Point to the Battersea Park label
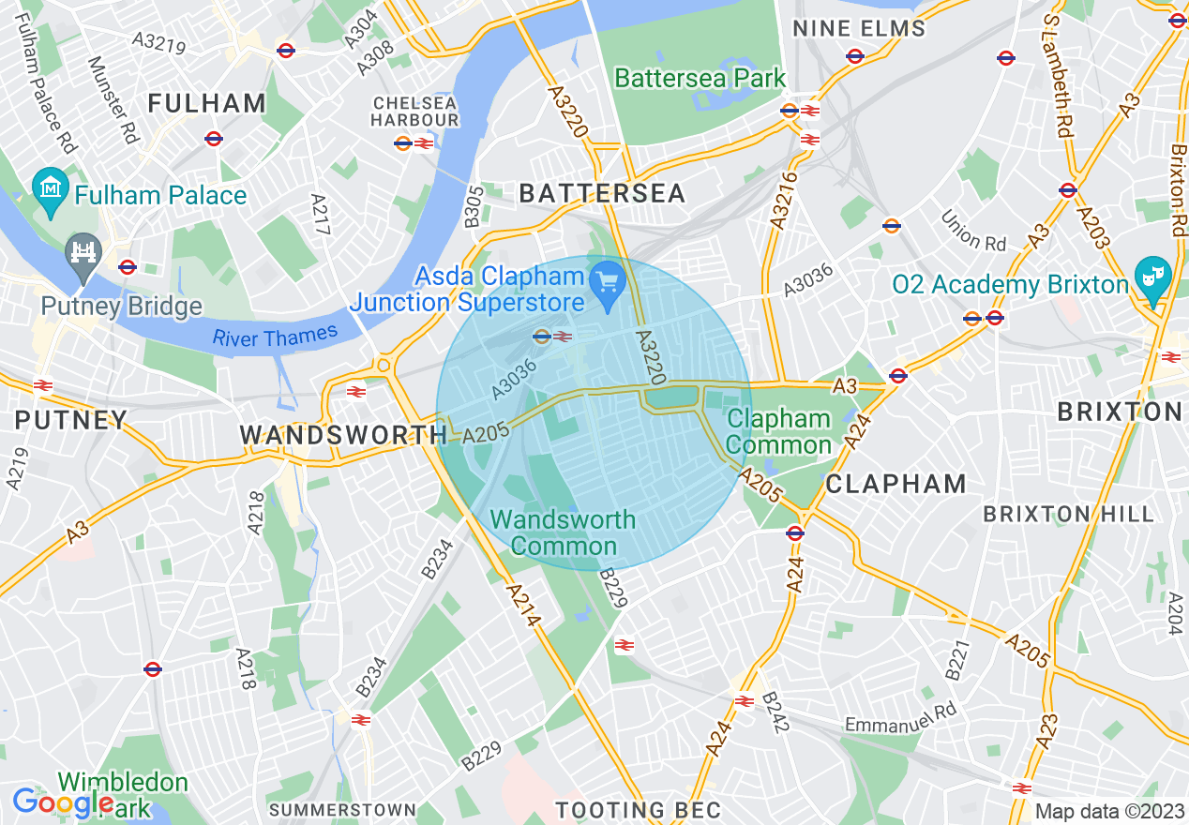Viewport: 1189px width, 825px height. click(700, 78)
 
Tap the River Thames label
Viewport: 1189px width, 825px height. click(275, 337)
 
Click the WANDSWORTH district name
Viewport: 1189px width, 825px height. click(343, 435)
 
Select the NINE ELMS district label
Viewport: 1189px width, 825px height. click(859, 28)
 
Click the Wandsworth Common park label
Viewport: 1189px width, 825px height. click(563, 532)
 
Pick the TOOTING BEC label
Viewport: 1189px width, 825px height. click(639, 810)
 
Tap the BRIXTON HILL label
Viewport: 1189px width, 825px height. click(1068, 514)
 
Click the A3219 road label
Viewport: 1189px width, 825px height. click(158, 43)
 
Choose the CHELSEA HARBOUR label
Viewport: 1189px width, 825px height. click(414, 112)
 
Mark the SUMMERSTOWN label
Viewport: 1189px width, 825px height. click(342, 809)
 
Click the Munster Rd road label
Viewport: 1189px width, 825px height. click(113, 99)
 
